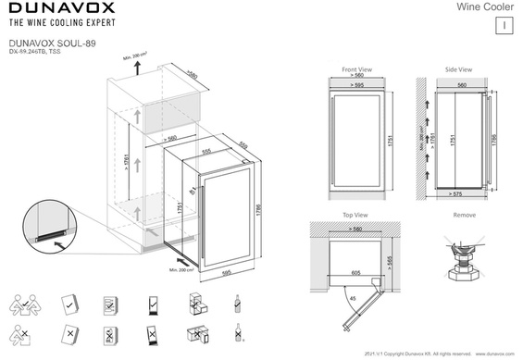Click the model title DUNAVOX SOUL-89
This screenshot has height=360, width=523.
pyautogui.click(x=44, y=43)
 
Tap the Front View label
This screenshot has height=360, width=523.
pyautogui.click(x=356, y=69)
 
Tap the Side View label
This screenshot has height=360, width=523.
pyautogui.click(x=458, y=69)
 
